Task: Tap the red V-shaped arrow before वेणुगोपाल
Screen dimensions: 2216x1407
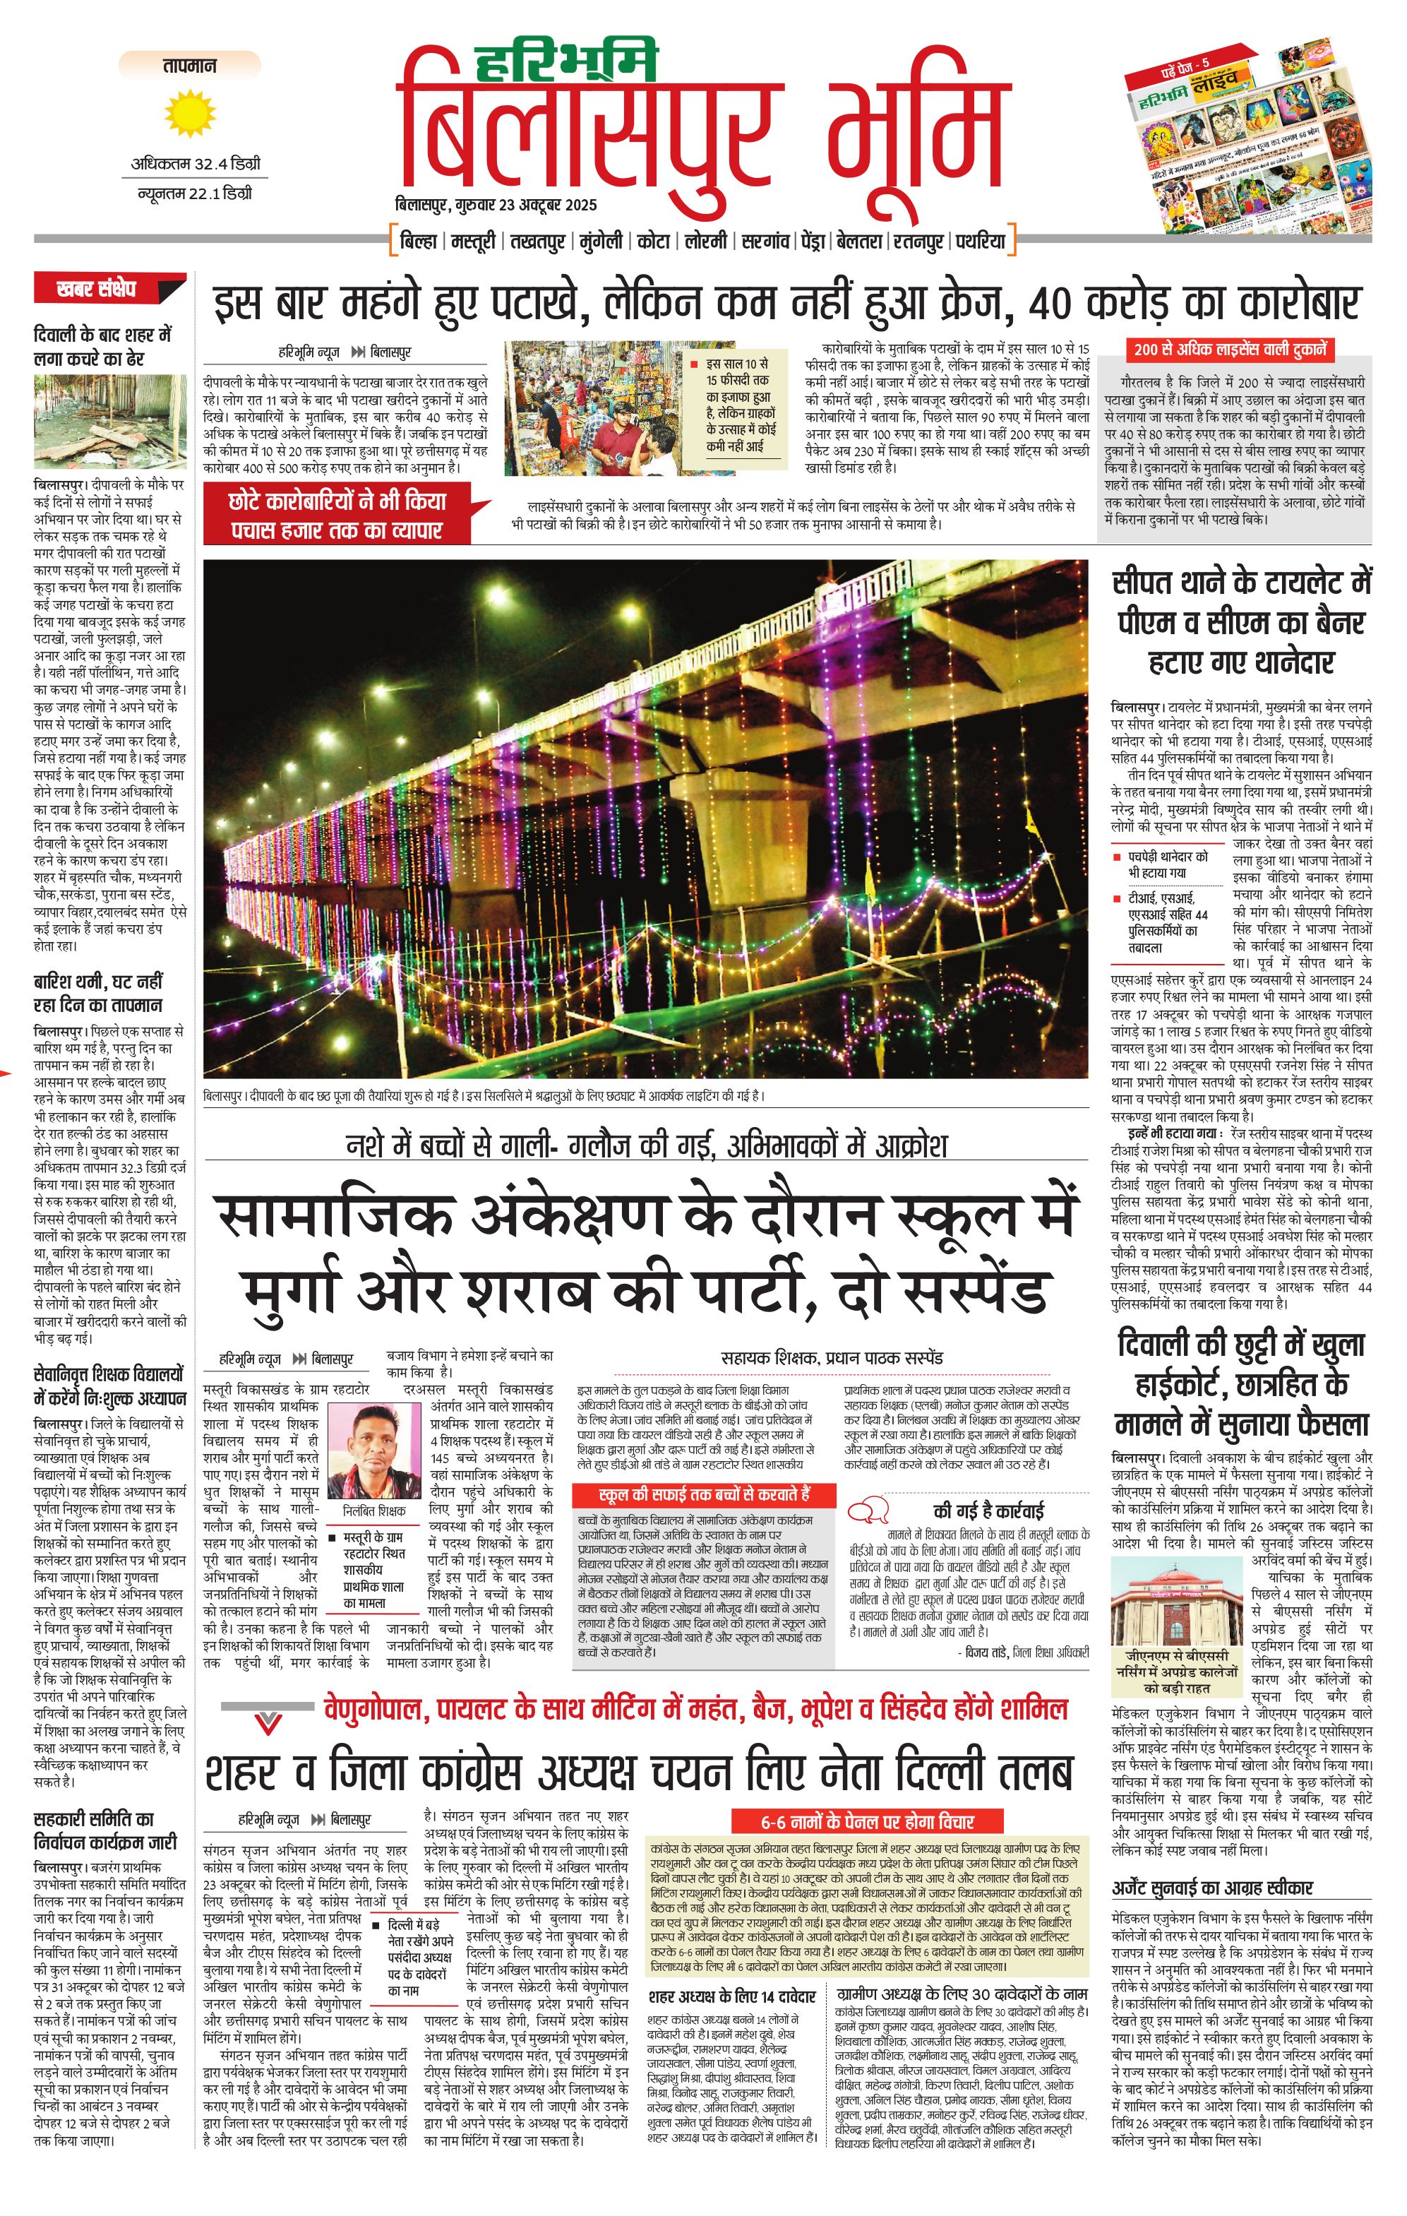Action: (268, 1723)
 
